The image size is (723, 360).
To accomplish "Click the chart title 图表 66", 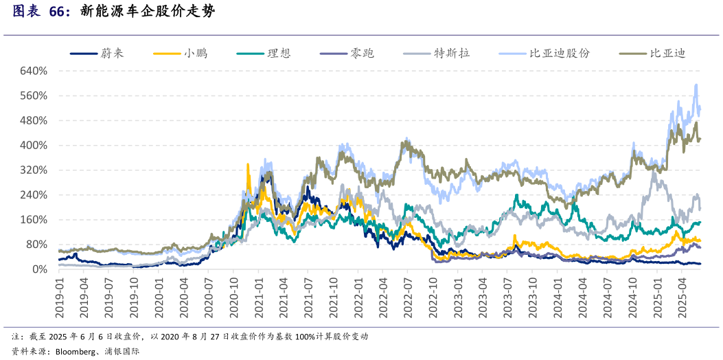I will coord(41,12).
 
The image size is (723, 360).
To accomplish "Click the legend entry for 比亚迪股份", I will coord(560,53).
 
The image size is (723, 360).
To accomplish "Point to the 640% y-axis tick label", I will coord(34,71).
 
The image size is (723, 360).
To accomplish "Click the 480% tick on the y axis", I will coord(34,121).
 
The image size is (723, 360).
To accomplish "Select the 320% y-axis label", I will coord(34,170).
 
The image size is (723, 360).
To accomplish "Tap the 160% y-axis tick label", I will coord(34,220).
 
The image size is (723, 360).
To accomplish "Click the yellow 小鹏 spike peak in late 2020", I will coord(248,164).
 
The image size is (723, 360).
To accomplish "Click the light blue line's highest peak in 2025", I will coord(696,85).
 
